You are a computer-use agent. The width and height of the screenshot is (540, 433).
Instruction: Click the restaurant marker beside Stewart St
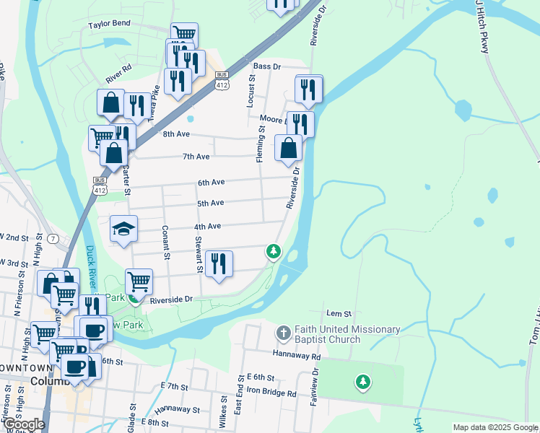tap(219, 263)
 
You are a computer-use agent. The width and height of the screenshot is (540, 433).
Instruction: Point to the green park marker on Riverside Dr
tap(273, 251)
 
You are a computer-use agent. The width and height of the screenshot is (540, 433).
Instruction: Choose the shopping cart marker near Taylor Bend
tap(185, 34)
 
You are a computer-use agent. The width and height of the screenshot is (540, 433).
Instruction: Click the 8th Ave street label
tap(175, 134)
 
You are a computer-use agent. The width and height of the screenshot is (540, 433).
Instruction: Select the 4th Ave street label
tap(207, 227)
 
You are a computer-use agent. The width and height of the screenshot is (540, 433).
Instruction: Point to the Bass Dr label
tap(266, 66)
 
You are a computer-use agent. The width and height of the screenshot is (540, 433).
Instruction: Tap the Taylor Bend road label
tap(109, 23)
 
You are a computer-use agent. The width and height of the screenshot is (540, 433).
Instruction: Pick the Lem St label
tap(339, 314)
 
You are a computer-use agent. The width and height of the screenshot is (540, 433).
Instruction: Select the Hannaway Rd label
tap(297, 356)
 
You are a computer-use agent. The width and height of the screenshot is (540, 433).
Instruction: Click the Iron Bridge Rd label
tap(271, 394)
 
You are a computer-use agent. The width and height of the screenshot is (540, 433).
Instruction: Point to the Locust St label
tap(252, 92)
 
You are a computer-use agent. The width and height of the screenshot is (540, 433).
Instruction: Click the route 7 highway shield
tap(53, 238)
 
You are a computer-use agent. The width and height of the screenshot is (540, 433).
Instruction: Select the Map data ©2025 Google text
tap(495, 427)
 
